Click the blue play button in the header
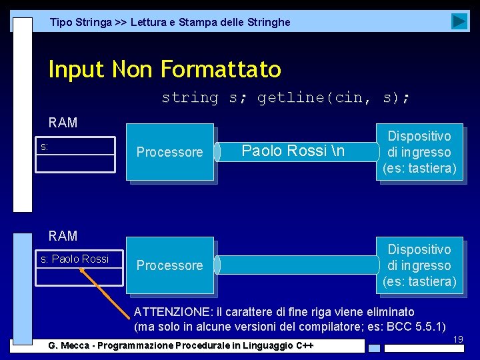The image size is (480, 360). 459,21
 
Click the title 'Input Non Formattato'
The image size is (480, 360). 165,69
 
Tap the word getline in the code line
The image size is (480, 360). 285,98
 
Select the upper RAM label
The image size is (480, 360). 63,123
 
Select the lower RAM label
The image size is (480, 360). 63,236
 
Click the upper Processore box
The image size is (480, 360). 170,153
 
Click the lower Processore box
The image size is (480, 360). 170,265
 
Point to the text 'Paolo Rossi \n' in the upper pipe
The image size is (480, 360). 293,151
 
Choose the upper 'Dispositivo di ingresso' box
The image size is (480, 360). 419,152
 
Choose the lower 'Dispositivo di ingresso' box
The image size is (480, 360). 419,265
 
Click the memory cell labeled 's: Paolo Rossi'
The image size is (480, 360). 75,259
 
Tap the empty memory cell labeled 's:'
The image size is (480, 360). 75,146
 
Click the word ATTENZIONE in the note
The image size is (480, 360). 166,312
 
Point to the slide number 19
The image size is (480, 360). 458,340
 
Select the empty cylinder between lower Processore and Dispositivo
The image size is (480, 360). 296,265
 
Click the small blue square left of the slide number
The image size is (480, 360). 375,347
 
